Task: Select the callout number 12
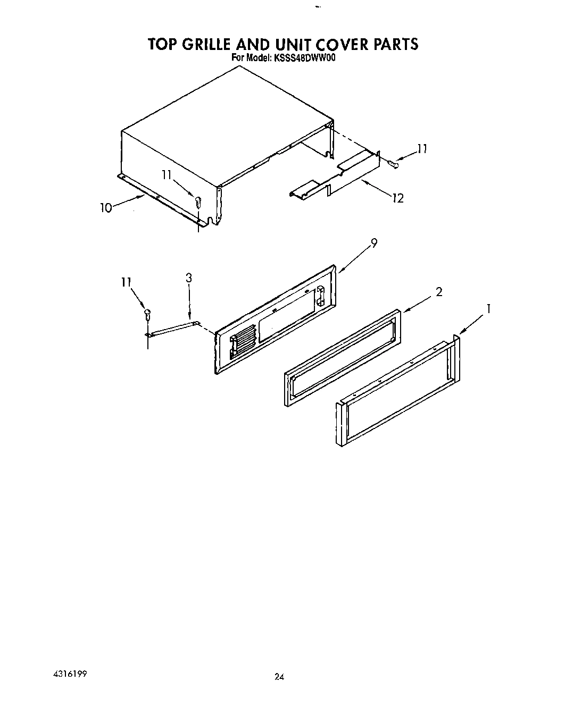[x=397, y=198]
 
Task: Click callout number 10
[x=106, y=208]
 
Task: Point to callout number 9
[x=374, y=243]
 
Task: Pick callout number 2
[x=439, y=291]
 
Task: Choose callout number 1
[x=488, y=308]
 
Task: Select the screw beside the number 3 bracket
[x=148, y=314]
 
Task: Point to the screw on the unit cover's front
[x=198, y=203]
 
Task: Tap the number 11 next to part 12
[x=422, y=149]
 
